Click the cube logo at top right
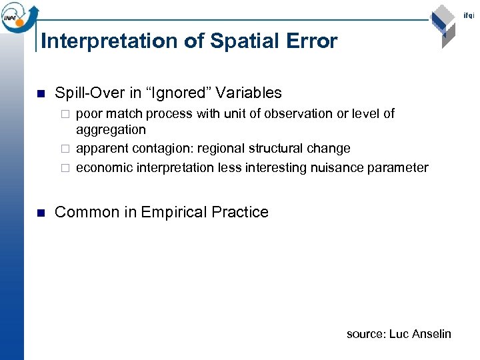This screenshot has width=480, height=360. click(443, 25)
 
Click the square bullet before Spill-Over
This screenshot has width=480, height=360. click(41, 93)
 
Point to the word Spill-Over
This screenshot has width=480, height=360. click(86, 93)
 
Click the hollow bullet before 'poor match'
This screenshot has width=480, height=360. click(65, 114)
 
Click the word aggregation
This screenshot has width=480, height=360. click(111, 130)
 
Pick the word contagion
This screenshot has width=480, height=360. click(162, 148)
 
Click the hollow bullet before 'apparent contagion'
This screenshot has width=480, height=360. click(65, 149)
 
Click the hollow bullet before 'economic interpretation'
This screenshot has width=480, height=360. click(65, 168)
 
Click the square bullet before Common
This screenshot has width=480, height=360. click(41, 213)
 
